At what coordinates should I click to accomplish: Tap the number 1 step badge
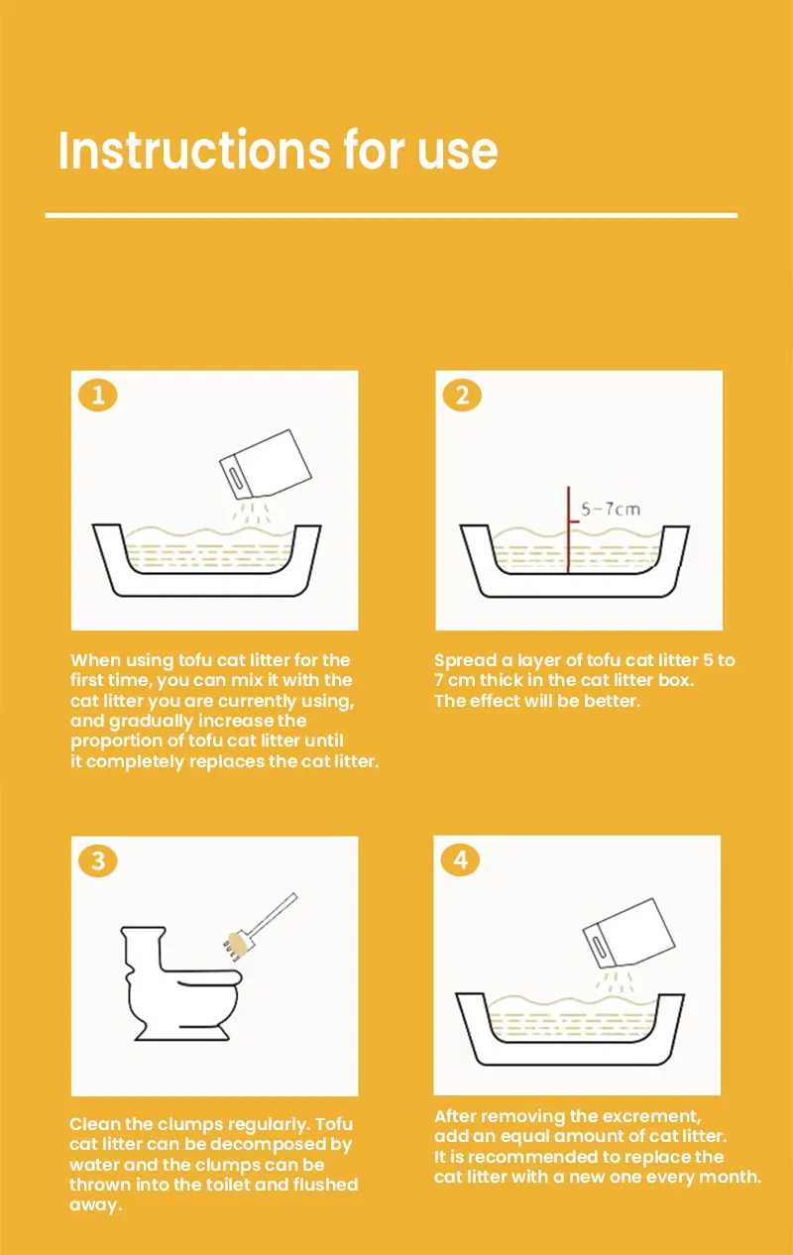click(x=97, y=395)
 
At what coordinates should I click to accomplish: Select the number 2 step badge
click(x=462, y=395)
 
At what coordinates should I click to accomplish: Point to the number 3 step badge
click(x=97, y=860)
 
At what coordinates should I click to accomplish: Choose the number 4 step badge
click(x=460, y=859)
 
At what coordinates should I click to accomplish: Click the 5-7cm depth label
click(x=611, y=510)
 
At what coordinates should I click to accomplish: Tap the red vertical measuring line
click(x=568, y=529)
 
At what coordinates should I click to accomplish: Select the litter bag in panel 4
click(x=628, y=933)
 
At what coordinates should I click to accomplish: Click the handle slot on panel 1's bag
click(x=237, y=480)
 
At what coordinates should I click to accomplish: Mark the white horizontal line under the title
click(x=392, y=215)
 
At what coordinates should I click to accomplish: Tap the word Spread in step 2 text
click(x=465, y=661)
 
